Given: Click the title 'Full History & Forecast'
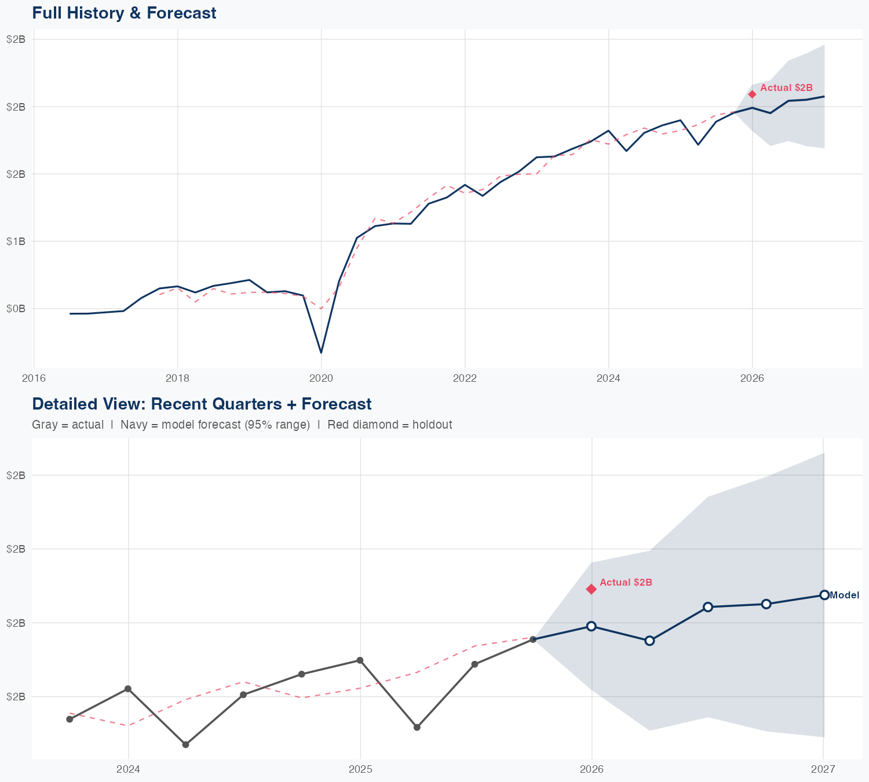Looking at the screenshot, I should (124, 13).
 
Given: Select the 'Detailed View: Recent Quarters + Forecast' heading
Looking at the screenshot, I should (202, 404).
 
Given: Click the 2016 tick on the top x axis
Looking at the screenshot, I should (34, 378).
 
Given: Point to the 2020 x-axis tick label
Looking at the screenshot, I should (321, 378).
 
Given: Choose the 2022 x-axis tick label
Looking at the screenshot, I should (465, 378).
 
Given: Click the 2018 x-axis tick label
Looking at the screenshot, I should (177, 378).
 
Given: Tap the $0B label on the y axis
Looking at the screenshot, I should (16, 309).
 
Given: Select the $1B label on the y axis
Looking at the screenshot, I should (16, 242).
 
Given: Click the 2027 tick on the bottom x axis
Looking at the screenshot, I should (823, 769).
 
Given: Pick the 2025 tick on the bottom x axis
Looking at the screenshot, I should (360, 769).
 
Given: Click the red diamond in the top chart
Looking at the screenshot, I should (752, 94).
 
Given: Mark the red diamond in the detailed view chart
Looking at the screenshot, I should (591, 589).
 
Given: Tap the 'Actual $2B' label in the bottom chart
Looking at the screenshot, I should (626, 583).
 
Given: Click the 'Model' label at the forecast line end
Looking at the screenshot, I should (844, 595).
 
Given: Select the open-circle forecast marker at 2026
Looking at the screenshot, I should (591, 626).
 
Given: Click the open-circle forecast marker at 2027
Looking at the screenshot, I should (824, 595).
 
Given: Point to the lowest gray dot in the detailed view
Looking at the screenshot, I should (185, 744).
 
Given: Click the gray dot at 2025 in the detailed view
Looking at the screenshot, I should (360, 660).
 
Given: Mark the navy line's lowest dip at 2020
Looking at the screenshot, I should (321, 352).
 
